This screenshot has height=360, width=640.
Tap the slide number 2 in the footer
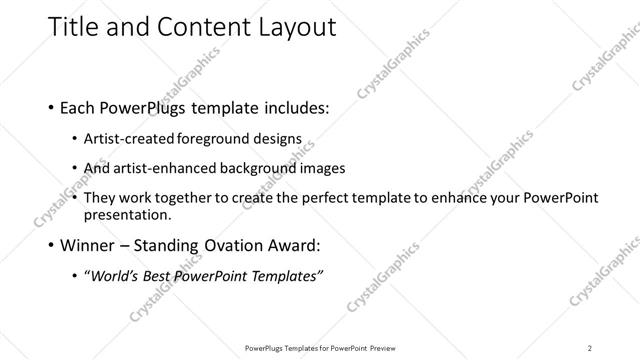(x=590, y=348)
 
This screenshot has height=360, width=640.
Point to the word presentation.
(x=129, y=214)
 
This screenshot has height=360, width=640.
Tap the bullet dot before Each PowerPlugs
(x=52, y=107)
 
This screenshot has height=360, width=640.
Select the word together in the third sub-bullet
(x=188, y=198)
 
